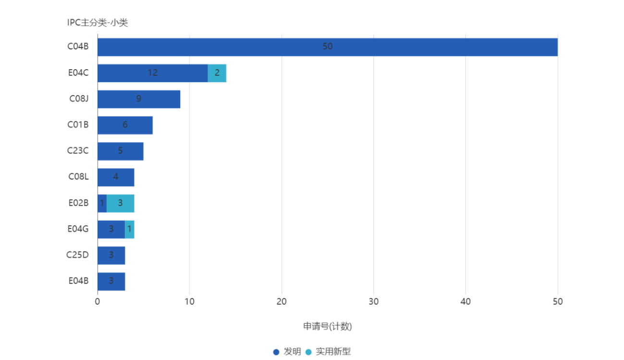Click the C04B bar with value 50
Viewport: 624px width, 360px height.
tap(327, 47)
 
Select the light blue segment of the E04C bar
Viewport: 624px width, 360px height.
tap(217, 73)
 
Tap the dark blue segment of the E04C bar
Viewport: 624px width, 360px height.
tap(152, 73)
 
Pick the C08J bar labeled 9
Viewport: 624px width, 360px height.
tap(139, 99)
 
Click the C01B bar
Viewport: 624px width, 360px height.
tap(125, 125)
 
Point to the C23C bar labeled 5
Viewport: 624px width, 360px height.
tap(120, 151)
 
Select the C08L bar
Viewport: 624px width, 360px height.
tap(116, 177)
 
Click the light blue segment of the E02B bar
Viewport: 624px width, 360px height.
tap(120, 203)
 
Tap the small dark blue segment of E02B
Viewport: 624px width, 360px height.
tap(102, 203)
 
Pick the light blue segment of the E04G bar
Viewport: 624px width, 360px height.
tap(130, 229)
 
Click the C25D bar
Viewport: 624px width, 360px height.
tap(111, 255)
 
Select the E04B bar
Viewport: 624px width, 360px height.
tap(111, 281)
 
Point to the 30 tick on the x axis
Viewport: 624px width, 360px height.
tap(373, 302)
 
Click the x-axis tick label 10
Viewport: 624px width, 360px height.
tap(189, 302)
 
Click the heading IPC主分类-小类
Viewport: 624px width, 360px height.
tap(98, 23)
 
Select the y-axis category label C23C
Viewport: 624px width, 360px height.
tap(78, 151)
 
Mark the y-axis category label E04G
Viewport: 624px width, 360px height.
tap(78, 229)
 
